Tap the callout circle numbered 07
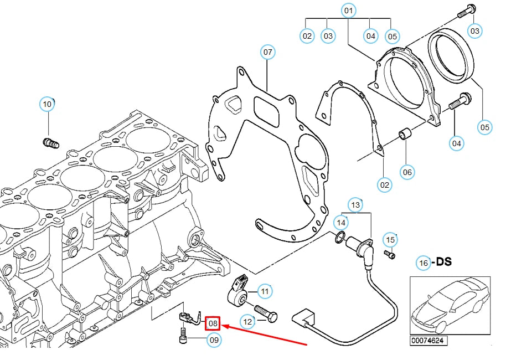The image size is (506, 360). pos(268,53)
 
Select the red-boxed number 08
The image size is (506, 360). pos(213,323)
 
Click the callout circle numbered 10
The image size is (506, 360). pos(47,104)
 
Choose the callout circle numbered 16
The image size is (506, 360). pos(424,263)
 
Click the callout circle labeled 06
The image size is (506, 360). pos(407,172)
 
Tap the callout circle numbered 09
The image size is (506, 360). pos(214,340)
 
